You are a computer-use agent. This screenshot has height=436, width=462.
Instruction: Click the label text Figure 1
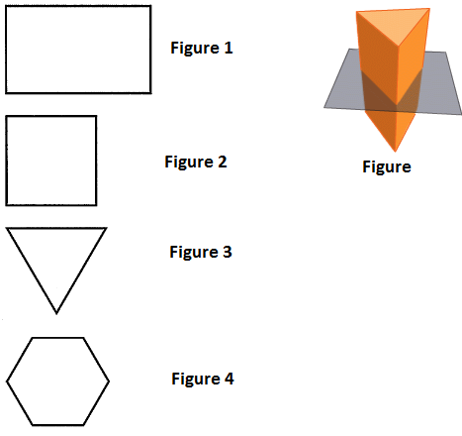click(202, 49)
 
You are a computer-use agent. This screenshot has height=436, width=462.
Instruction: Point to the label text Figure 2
click(196, 163)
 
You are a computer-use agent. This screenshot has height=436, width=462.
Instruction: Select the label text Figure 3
click(201, 253)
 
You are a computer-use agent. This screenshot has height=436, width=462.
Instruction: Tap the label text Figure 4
click(203, 379)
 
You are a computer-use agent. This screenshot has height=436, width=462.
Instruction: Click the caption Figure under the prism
click(387, 167)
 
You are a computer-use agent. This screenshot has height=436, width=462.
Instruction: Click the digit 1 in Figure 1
click(229, 48)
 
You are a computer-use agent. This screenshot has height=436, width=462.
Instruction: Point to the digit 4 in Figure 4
click(230, 379)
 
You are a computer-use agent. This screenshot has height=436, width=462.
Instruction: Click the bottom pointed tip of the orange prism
click(396, 152)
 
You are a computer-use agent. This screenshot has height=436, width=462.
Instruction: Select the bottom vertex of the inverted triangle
click(56, 313)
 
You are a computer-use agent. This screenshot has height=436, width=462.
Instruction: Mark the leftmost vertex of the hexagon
click(6, 381)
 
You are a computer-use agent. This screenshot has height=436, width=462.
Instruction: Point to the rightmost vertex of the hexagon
click(109, 381)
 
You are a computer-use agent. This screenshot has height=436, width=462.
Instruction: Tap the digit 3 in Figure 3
click(228, 252)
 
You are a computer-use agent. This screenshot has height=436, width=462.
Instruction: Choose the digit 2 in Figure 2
click(223, 162)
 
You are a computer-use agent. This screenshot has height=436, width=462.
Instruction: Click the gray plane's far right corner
click(461, 114)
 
